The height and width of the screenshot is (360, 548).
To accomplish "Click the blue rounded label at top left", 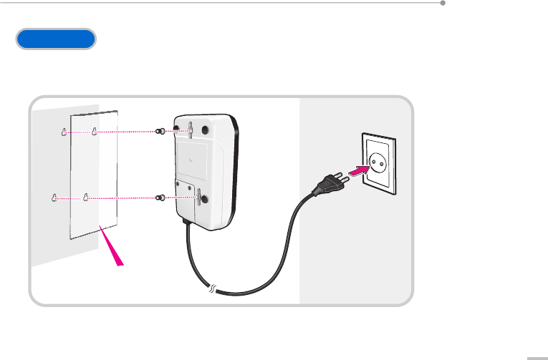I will pyautogui.click(x=56, y=39).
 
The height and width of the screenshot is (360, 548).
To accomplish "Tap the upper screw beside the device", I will pyautogui.click(x=160, y=132).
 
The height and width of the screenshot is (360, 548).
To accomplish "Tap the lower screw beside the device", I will pyautogui.click(x=161, y=198).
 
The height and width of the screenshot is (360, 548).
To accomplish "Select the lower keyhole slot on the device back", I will pyautogui.click(x=191, y=195).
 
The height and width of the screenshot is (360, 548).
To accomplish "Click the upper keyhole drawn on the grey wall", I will pyautogui.click(x=64, y=132).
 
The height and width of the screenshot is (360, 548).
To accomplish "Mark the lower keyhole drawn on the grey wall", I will pyautogui.click(x=54, y=198).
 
